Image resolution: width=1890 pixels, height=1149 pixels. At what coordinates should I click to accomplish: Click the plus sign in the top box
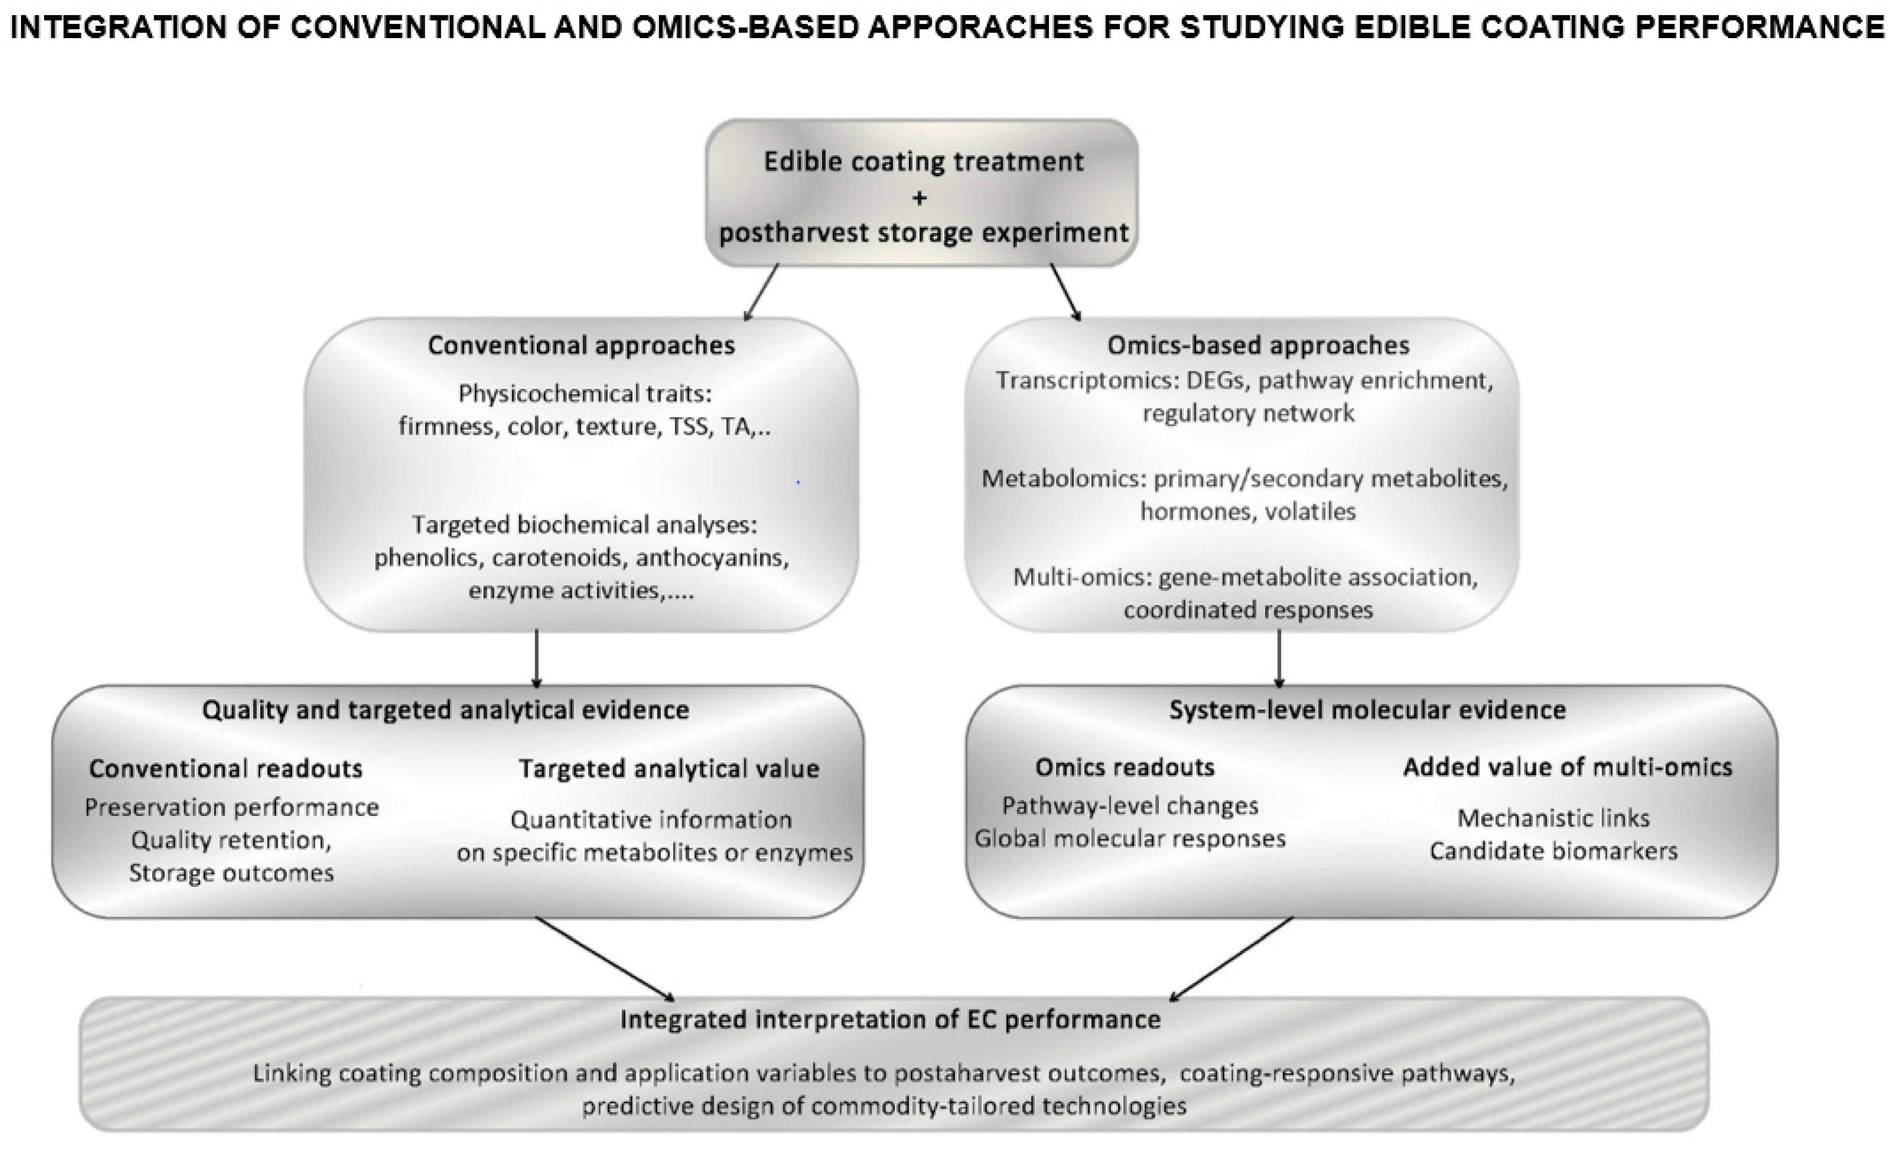[919, 198]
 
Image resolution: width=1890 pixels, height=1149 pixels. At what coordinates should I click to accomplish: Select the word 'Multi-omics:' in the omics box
[1082, 577]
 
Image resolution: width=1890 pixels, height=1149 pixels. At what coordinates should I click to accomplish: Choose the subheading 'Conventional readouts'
[226, 769]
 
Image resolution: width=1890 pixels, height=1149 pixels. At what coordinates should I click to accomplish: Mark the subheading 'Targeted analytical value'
[669, 769]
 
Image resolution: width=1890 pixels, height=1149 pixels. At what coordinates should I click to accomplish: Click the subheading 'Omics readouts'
[1124, 767]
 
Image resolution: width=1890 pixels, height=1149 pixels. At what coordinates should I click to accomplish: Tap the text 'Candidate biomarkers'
[1553, 851]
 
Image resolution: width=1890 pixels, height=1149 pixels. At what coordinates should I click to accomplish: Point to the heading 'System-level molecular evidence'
[1367, 710]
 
